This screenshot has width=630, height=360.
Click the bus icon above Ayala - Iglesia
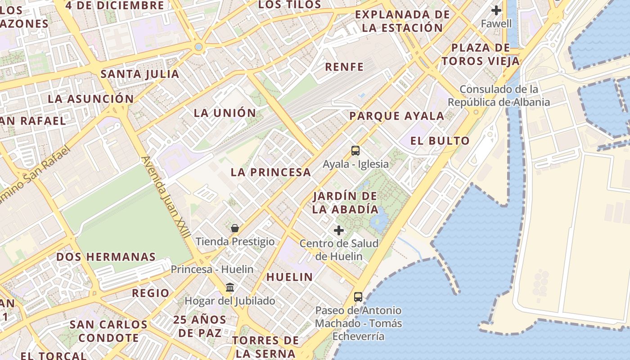[x=355, y=151]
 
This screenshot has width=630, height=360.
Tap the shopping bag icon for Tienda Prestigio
[x=234, y=228]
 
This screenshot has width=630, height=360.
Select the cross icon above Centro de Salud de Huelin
[x=339, y=230]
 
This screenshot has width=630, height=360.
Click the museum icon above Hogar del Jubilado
[x=230, y=288]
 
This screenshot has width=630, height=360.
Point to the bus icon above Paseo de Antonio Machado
[x=358, y=297]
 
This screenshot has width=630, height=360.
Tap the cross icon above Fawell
[x=496, y=10]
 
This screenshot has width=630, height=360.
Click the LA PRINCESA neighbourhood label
[x=271, y=172]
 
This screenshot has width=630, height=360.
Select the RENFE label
[x=344, y=67]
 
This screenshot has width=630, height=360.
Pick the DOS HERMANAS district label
[x=106, y=257]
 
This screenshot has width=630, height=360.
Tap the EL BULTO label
[x=440, y=141]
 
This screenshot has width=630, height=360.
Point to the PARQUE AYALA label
[x=397, y=116]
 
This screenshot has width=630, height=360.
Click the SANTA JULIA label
[x=140, y=74]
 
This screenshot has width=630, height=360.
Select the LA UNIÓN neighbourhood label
[x=225, y=112]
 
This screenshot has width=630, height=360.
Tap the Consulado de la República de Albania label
[x=499, y=95]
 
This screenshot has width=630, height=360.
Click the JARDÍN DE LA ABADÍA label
[x=345, y=202]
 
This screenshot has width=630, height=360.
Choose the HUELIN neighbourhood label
[x=289, y=277]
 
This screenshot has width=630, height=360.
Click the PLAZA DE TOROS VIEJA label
[x=480, y=54]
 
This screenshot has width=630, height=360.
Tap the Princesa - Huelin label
[x=212, y=269]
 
